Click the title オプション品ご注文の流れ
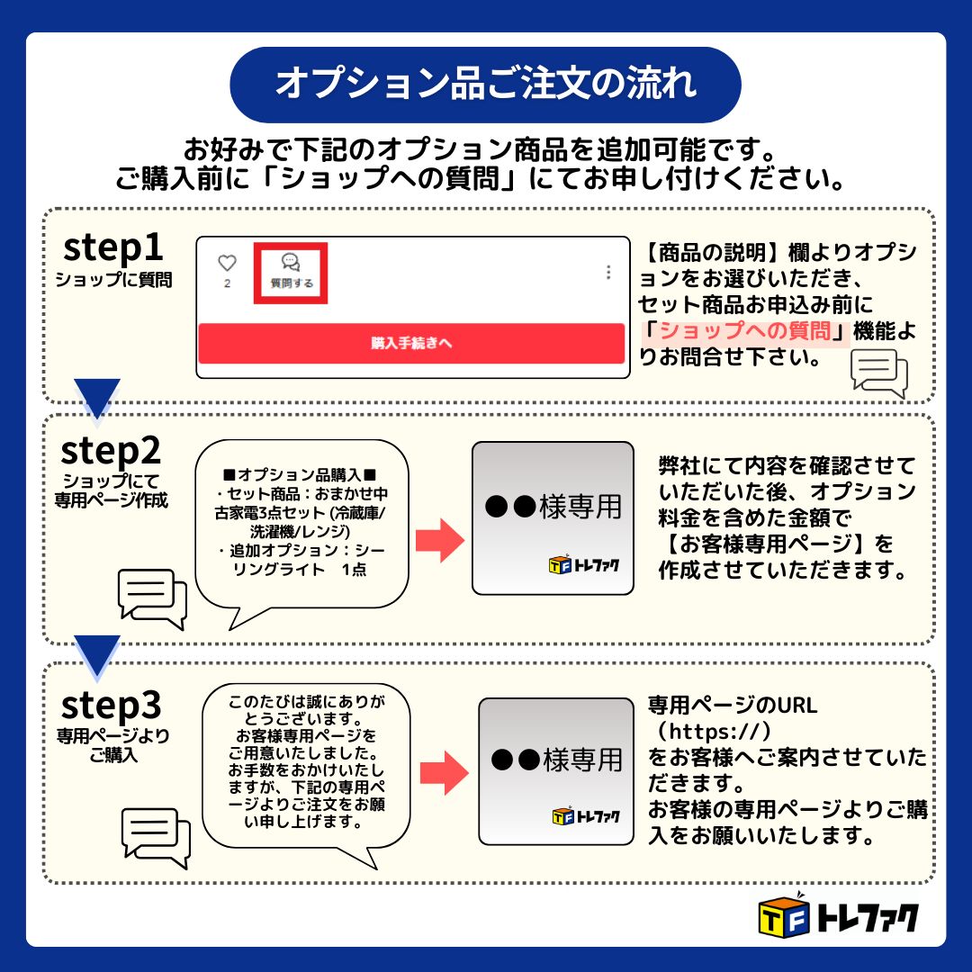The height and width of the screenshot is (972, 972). coord(486,84)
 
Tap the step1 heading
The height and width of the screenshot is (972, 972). coord(112,248)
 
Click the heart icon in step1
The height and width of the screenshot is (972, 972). coord(227,264)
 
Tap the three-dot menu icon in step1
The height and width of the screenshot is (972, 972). coord(609,272)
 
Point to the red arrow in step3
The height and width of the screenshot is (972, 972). coord(445,770)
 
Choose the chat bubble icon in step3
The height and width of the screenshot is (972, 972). coord(155,836)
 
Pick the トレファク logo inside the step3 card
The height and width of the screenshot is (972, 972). coord(587,816)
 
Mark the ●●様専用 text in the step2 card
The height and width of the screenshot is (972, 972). coord(553,507)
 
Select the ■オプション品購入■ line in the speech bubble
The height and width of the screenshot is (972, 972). coord(299,474)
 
